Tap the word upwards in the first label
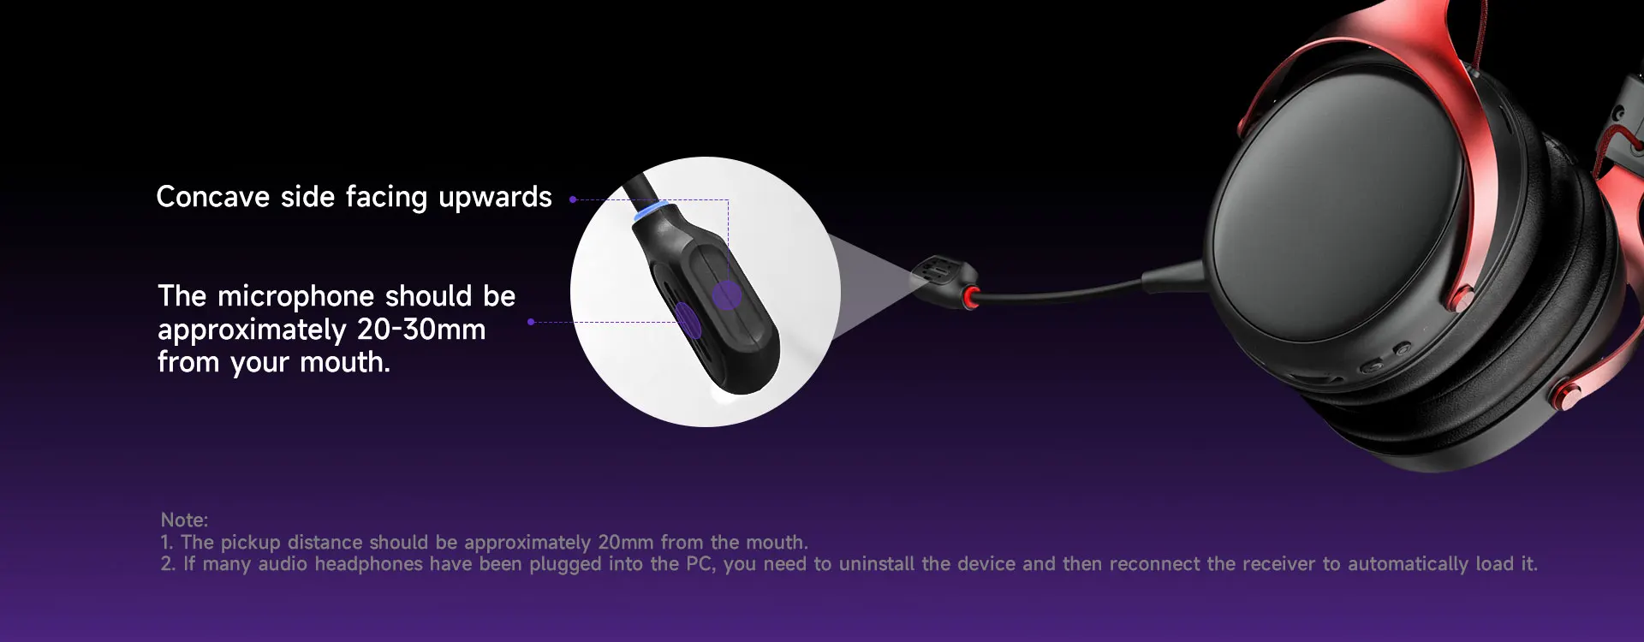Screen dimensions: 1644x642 tap(495, 199)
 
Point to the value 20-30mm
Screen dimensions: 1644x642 tap(421, 330)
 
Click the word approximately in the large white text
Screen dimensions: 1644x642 tap(252, 331)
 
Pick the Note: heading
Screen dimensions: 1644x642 tap(184, 520)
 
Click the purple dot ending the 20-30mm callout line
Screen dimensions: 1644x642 tap(531, 322)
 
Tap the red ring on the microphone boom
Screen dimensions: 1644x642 tap(971, 298)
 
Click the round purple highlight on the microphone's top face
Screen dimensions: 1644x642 tap(727, 295)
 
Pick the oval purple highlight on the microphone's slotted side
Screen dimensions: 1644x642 tap(688, 318)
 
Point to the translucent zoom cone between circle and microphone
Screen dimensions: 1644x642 tap(873, 278)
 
